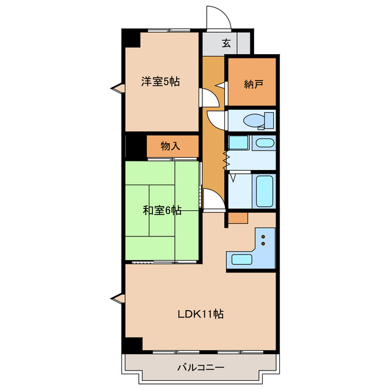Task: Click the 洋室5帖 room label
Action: click(161, 82)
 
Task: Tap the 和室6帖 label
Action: click(161, 211)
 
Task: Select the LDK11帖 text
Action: click(200, 314)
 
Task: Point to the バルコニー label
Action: click(200, 367)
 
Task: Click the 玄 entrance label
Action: click(226, 43)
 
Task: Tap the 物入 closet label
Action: click(170, 146)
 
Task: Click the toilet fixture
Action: click(258, 120)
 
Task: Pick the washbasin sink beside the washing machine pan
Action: click(263, 144)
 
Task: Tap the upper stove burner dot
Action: click(263, 236)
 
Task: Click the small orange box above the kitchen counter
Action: click(238, 218)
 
